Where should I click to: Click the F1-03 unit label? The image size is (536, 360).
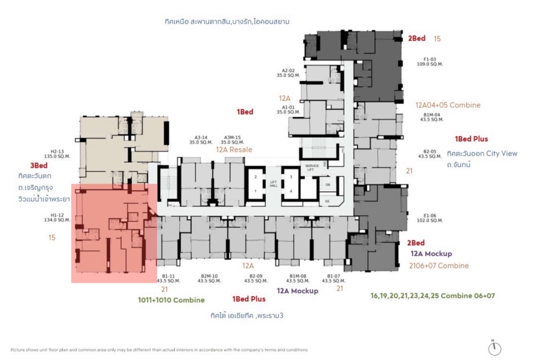click(430, 59)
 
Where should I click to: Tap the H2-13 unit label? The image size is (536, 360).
click(57, 152)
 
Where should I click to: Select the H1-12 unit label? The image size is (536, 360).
click(57, 216)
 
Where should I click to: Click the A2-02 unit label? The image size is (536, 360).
click(288, 70)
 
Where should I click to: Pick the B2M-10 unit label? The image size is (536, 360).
click(209, 276)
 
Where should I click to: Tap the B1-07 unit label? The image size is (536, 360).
click(333, 276)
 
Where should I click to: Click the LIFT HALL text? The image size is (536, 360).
click(274, 184)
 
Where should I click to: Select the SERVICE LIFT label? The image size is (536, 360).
click(312, 168)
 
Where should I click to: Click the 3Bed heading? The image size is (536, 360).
click(39, 166)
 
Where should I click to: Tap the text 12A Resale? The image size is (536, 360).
click(234, 150)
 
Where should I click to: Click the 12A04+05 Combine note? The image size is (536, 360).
click(448, 105)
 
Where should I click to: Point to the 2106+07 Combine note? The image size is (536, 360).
click(440, 265)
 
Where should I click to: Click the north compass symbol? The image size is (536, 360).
click(494, 348)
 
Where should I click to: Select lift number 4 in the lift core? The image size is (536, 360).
click(291, 191)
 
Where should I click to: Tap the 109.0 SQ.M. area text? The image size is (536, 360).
click(430, 64)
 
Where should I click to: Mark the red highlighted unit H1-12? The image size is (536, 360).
click(114, 233)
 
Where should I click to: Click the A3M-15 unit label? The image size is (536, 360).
click(232, 138)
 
